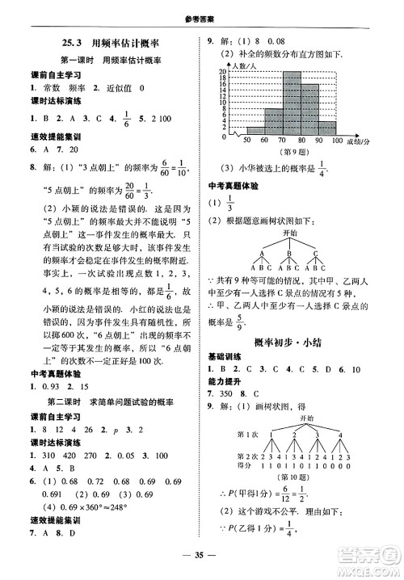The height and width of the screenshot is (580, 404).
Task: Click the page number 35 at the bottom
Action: pyautogui.click(x=202, y=553)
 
